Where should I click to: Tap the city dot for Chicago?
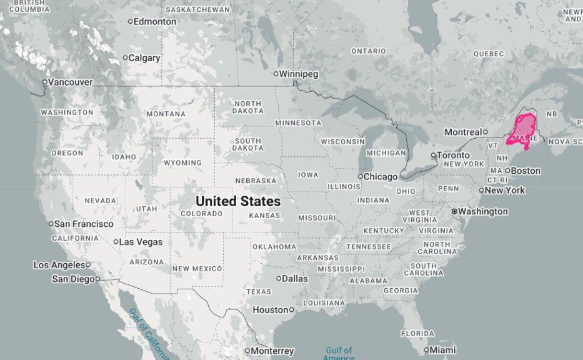360,176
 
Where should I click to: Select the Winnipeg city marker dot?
276,74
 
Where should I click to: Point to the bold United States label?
237,201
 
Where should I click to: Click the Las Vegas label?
141,242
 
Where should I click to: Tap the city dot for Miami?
427,350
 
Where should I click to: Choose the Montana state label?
166,114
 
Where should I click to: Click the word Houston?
270,309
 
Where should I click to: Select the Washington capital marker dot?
454,211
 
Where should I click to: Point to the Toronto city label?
454,155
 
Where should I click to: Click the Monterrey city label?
273,351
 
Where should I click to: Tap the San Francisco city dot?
51,224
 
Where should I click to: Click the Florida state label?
417,333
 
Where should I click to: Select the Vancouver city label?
71,82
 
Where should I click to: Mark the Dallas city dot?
279,278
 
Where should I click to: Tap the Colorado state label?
201,214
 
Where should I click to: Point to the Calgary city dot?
125,58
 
